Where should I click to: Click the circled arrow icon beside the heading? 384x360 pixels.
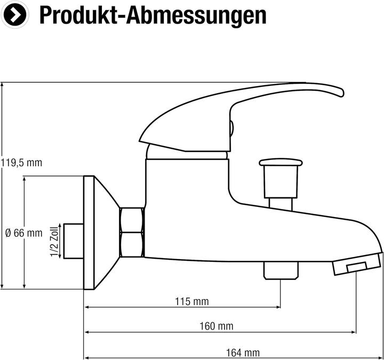(x=15, y=15)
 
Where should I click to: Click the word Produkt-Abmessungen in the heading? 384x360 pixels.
(x=153, y=15)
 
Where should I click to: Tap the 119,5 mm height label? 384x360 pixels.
(x=21, y=163)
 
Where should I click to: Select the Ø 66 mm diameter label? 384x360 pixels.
(x=23, y=233)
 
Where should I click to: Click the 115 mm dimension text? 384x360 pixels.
(x=192, y=302)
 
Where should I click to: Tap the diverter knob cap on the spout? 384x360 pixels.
(x=281, y=162)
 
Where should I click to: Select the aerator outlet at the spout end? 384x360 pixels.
(x=356, y=266)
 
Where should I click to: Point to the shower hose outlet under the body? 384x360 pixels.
(x=281, y=270)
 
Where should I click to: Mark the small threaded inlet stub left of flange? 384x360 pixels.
(x=73, y=241)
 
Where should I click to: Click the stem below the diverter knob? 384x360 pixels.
(x=281, y=203)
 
